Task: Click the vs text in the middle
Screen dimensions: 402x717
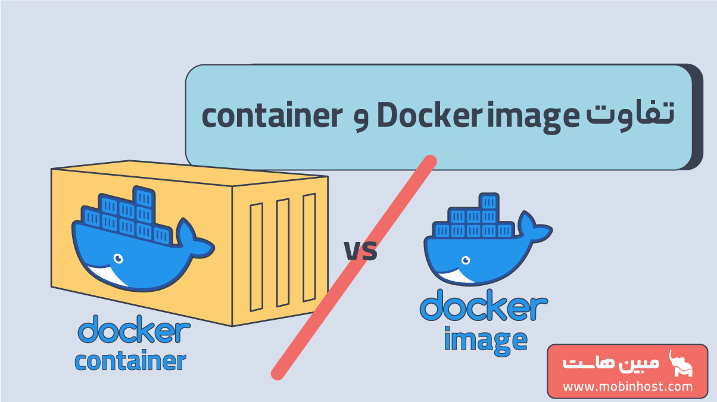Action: (360, 251)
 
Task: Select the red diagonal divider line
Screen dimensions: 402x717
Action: (354, 267)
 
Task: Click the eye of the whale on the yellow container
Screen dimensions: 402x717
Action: (118, 258)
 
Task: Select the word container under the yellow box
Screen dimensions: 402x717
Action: (130, 361)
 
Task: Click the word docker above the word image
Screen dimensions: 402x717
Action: (484, 307)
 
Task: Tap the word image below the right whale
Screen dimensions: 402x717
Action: (485, 339)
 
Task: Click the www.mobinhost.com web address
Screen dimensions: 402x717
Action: (628, 387)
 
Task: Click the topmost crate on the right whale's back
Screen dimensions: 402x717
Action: (488, 201)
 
